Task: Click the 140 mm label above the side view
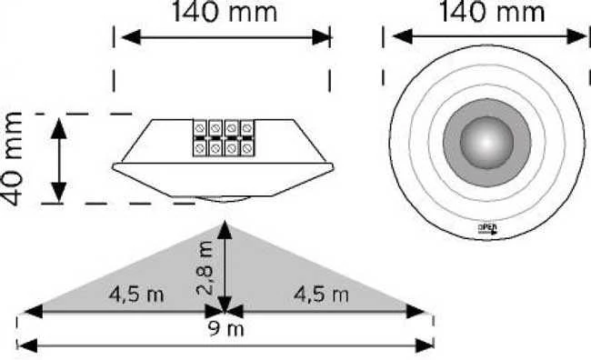[x=225, y=11]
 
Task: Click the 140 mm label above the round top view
[x=492, y=11]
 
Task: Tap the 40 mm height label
[x=13, y=159]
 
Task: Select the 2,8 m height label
[x=205, y=267]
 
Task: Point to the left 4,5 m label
[x=136, y=295]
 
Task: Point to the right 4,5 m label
[x=321, y=295]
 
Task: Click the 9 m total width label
[x=226, y=329]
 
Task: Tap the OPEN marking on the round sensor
[x=487, y=229]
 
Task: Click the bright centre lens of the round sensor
[x=487, y=143]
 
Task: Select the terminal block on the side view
[x=224, y=137]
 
